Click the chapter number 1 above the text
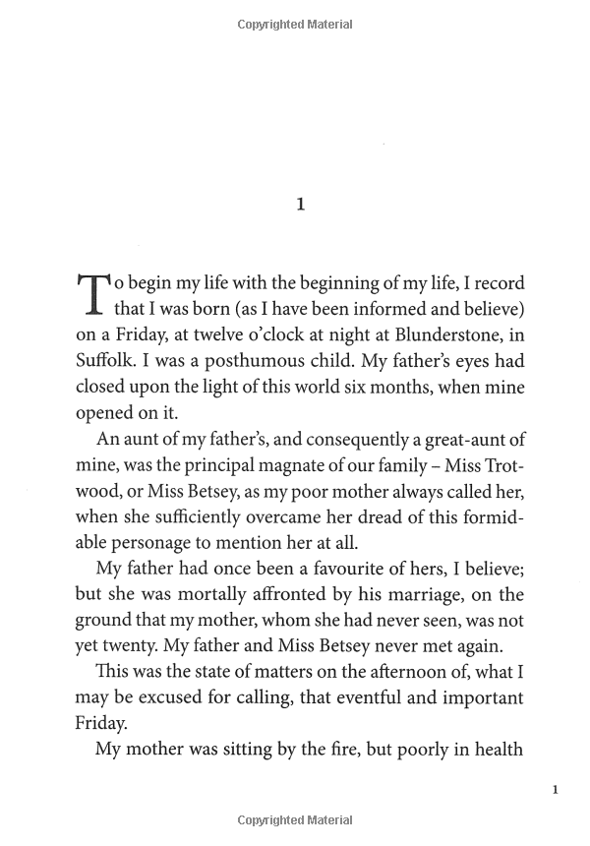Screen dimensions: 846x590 (301, 205)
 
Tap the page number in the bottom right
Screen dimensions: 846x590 (556, 789)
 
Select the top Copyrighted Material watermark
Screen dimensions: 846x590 (295, 25)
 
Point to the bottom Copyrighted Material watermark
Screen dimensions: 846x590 (295, 820)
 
